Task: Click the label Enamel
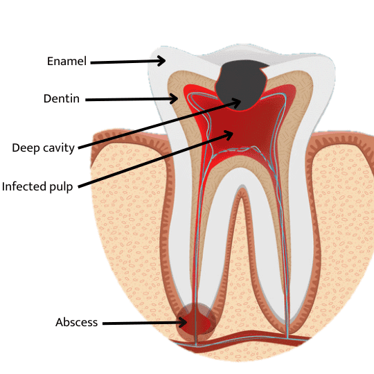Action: pos(66,62)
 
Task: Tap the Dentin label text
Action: pos(62,98)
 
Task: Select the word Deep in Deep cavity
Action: pos(26,148)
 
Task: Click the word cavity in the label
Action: pos(59,148)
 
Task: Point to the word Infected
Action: pos(24,186)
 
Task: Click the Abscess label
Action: pos(77,322)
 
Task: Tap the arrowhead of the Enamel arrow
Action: pos(161,60)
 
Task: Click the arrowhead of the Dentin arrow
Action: pos(174,98)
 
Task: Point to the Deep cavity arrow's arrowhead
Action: pos(237,102)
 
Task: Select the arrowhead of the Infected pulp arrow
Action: pos(229,134)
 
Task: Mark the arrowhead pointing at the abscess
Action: pos(183,323)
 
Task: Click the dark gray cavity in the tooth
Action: pos(241,84)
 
